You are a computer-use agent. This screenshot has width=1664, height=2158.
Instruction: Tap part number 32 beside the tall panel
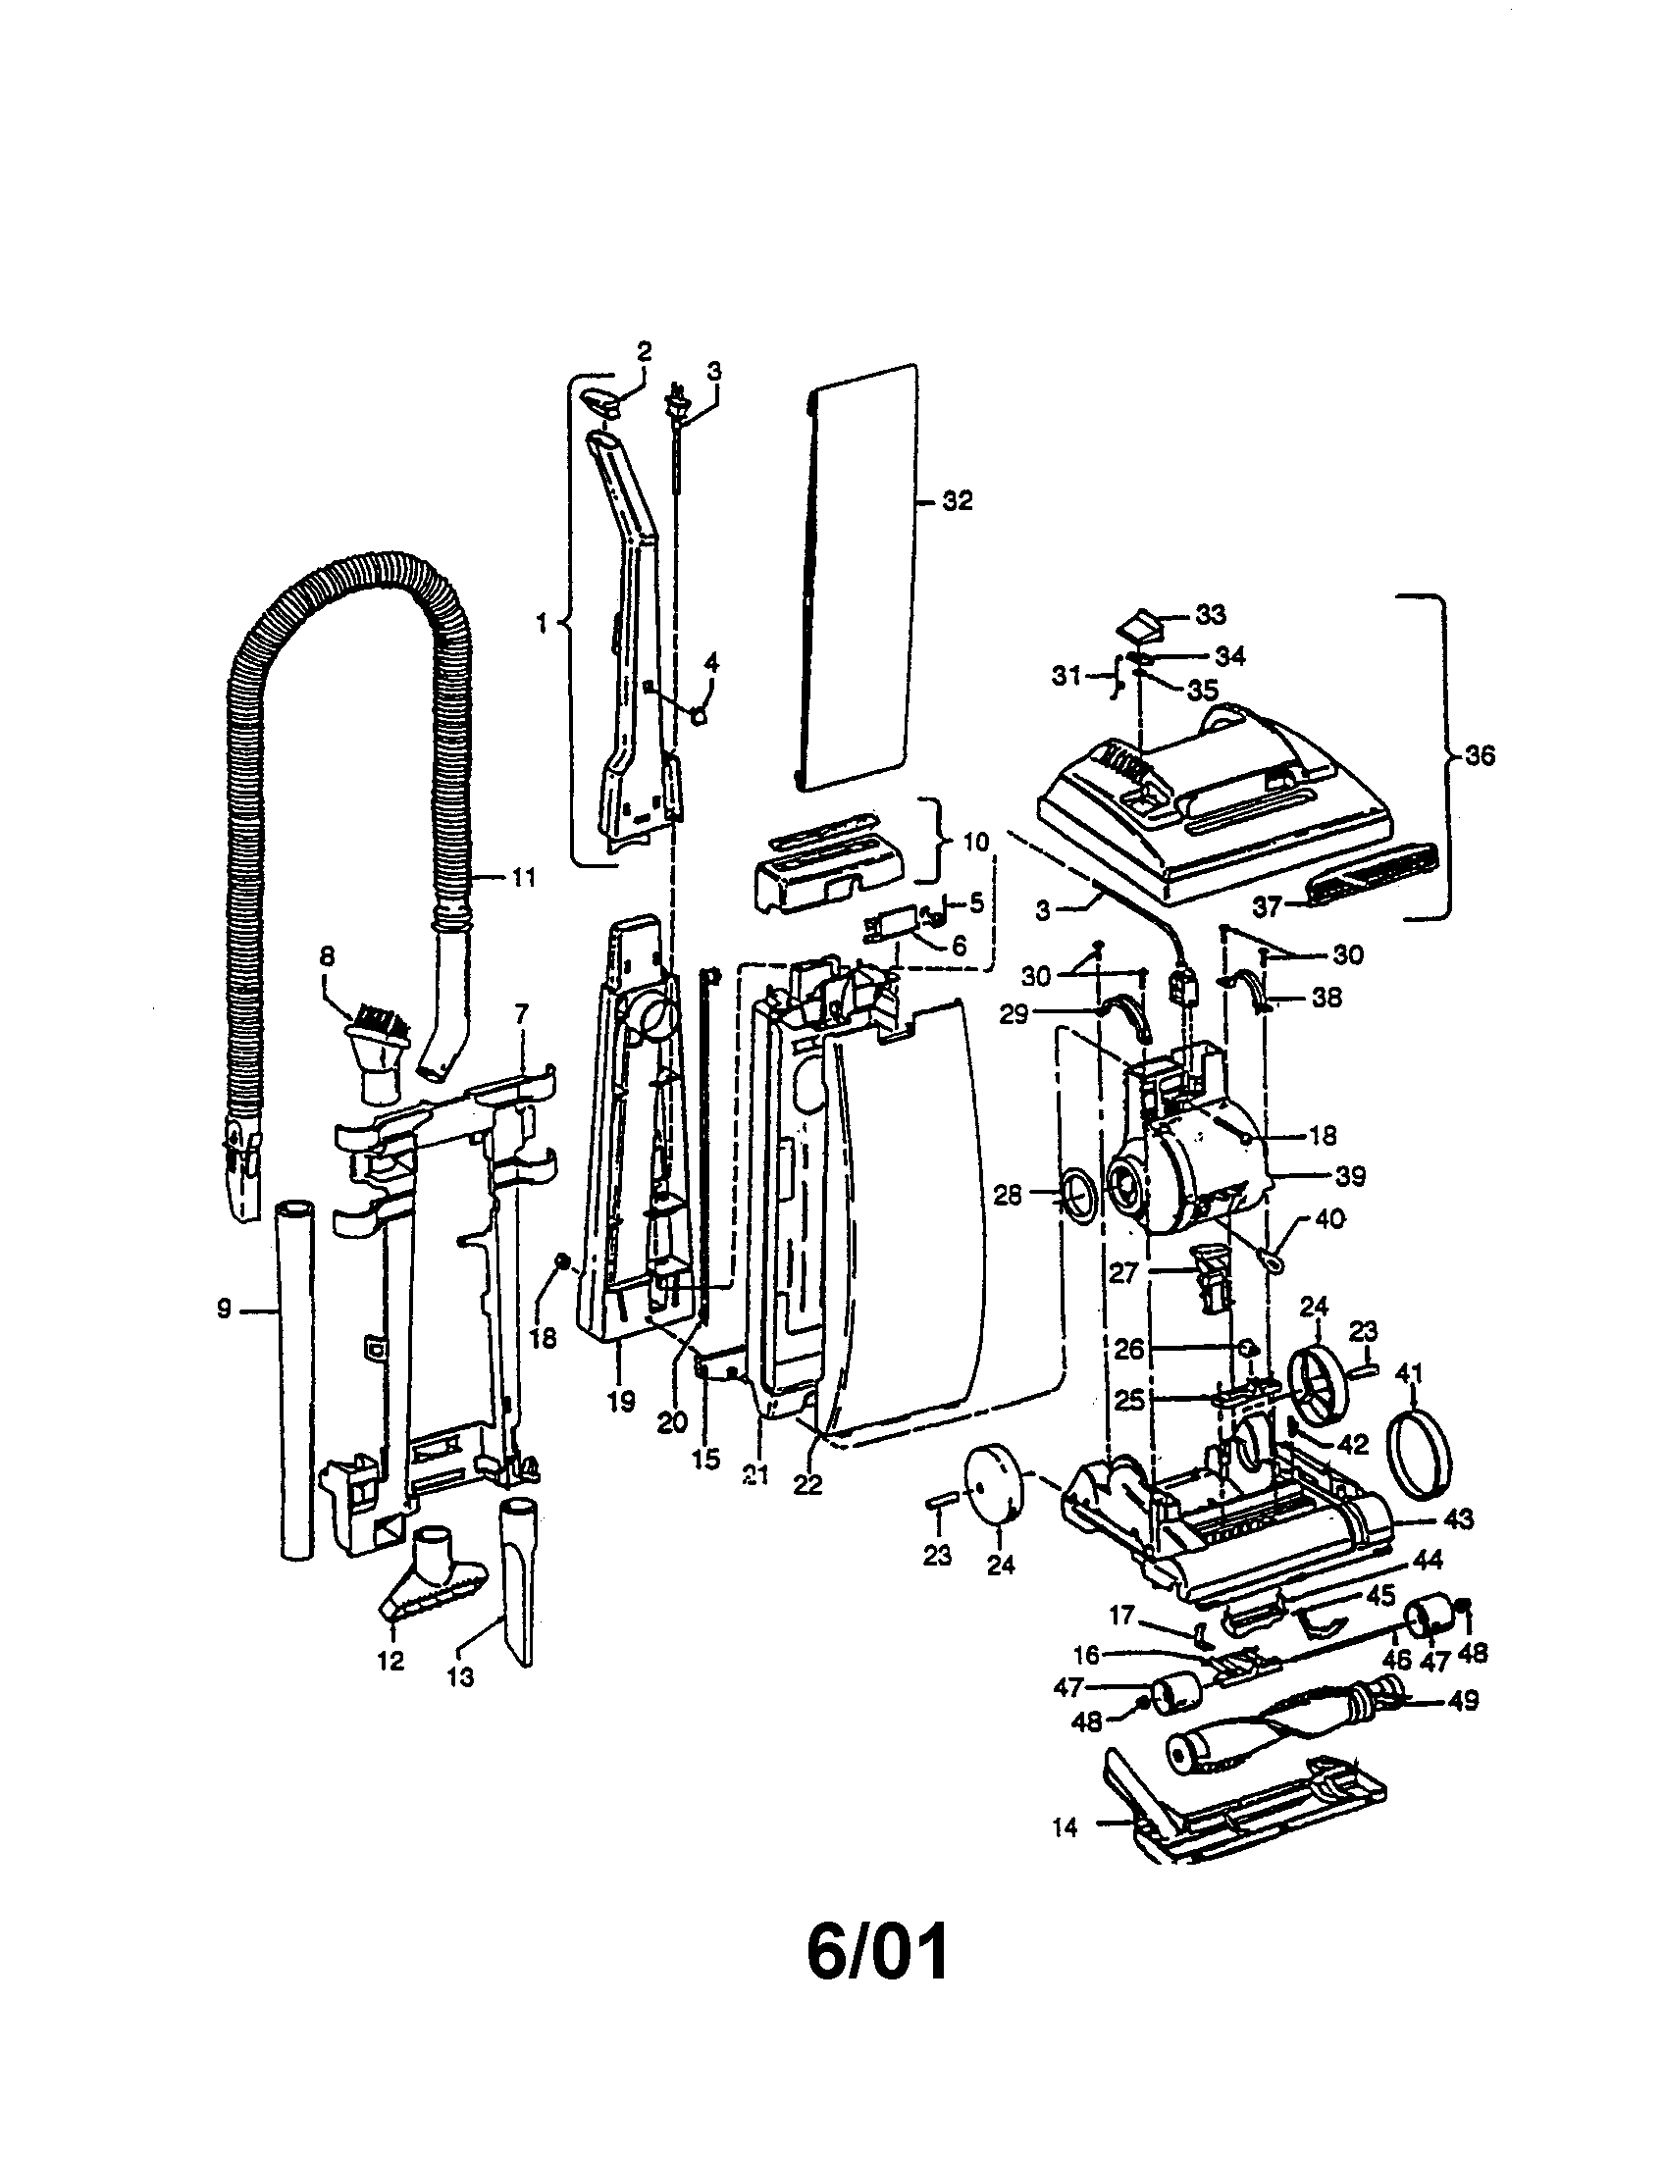pos(957,501)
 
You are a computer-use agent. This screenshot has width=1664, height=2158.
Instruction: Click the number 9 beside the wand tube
pos(224,1309)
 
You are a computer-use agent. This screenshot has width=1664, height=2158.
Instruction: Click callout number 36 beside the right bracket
pos(1480,756)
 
